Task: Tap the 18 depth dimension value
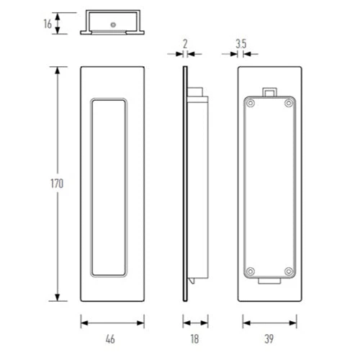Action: coord(195,336)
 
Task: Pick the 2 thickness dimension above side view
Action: coord(185,44)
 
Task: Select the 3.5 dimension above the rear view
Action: coord(241,44)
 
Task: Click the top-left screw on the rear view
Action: coord(249,104)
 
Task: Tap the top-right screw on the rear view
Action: coord(289,104)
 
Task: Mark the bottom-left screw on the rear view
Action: coord(249,271)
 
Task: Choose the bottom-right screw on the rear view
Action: coord(289,271)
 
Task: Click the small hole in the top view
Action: coord(113,25)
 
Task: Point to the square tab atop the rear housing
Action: coord(269,91)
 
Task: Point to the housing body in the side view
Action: coord(199,187)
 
